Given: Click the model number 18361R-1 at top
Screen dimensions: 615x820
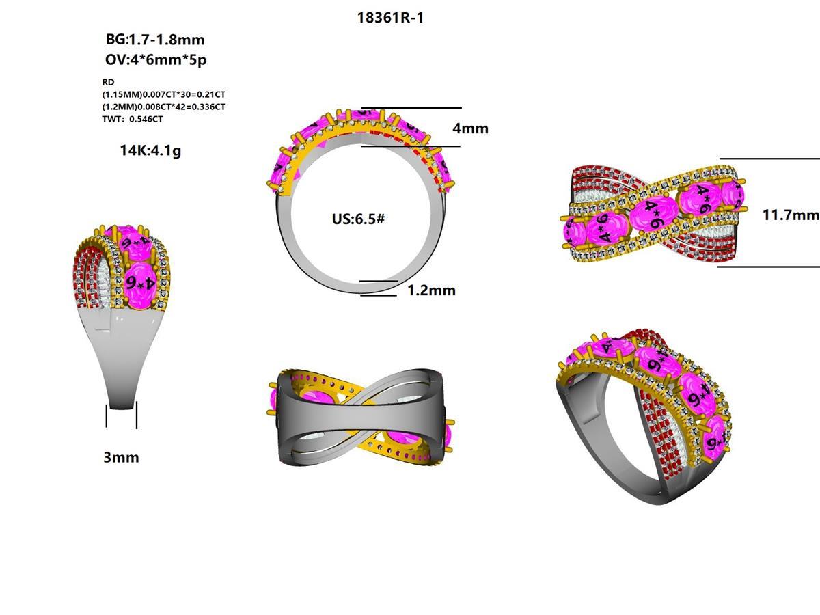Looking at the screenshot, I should [x=390, y=18].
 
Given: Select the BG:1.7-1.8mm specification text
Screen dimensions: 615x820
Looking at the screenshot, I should [x=155, y=40].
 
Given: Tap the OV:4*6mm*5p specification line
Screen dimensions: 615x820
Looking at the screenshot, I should [x=156, y=59].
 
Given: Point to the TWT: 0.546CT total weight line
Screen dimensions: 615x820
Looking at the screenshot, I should [x=133, y=119].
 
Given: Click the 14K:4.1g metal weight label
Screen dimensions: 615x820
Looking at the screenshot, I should [x=150, y=151].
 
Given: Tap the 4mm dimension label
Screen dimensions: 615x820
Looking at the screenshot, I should [x=470, y=128].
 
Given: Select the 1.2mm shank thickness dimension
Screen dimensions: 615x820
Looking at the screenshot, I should [x=431, y=290].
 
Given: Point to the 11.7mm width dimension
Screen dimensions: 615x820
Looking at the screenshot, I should [x=791, y=215].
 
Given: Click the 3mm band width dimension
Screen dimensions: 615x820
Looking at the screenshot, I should [x=121, y=457].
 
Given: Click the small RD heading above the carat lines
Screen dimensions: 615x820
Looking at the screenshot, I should [x=108, y=82].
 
